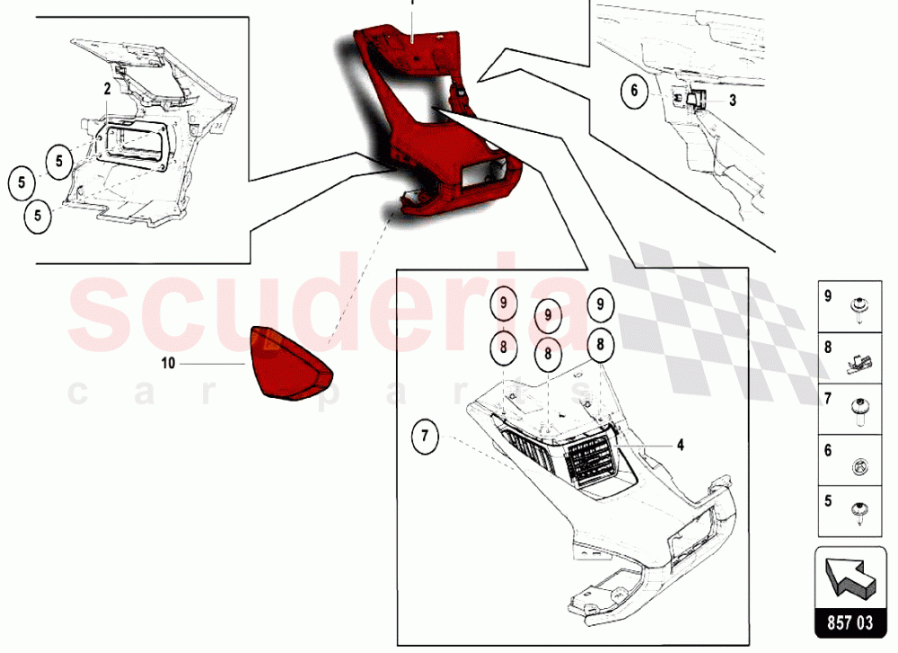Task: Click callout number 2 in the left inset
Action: pyautogui.click(x=107, y=89)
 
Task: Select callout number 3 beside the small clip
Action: pyautogui.click(x=733, y=101)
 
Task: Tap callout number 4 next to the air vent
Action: pyautogui.click(x=681, y=445)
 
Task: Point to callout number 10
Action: pyautogui.click(x=168, y=363)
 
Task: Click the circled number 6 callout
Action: pyautogui.click(x=634, y=91)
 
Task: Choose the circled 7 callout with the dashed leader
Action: pyautogui.click(x=425, y=437)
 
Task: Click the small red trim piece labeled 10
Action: pyautogui.click(x=290, y=363)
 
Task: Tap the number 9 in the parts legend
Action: pyautogui.click(x=828, y=296)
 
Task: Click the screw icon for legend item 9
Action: pyautogui.click(x=858, y=309)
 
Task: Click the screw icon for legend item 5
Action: pyautogui.click(x=860, y=511)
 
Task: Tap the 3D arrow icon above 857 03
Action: pyautogui.click(x=850, y=576)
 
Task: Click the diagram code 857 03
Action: pyautogui.click(x=850, y=622)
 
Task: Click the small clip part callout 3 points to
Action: pyautogui.click(x=694, y=101)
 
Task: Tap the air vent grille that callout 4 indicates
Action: pyautogui.click(x=590, y=458)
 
